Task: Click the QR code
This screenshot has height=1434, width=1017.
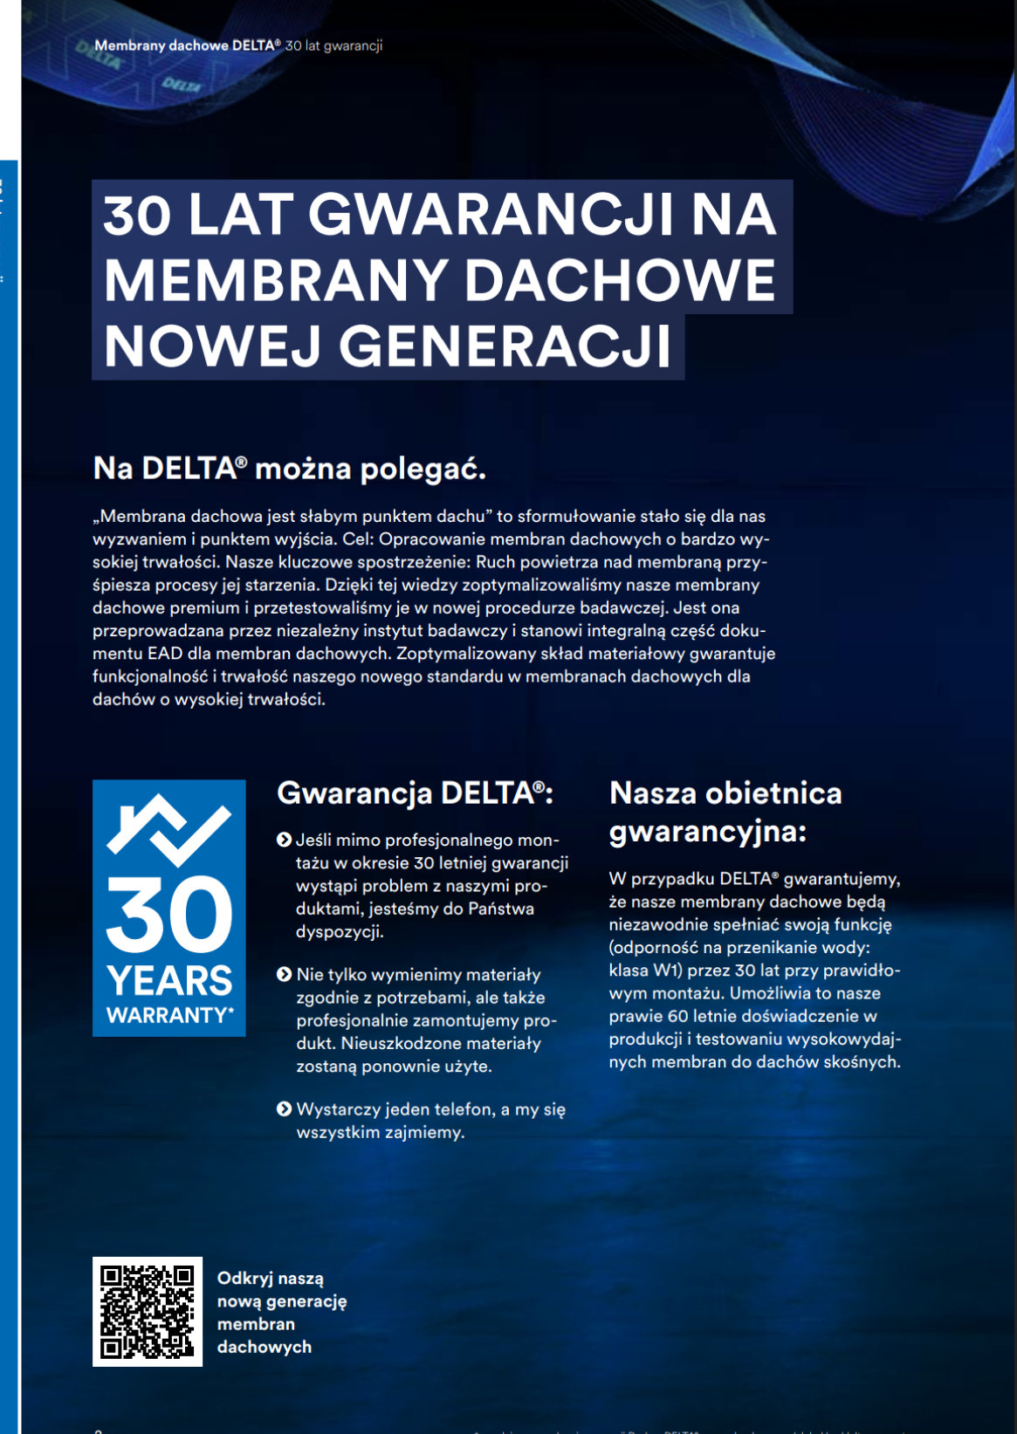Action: [148, 1311]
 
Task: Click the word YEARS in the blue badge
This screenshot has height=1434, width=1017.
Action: [169, 981]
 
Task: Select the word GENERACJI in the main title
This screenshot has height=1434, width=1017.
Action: [505, 346]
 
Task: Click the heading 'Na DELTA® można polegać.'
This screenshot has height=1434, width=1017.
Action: [289, 469]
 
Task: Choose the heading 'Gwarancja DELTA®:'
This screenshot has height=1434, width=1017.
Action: [415, 793]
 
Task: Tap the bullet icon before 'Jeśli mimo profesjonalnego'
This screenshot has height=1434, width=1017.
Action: [284, 840]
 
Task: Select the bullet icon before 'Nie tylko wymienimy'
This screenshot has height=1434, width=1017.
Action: [284, 974]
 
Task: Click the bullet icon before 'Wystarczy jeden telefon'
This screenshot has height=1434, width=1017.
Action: [284, 1109]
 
